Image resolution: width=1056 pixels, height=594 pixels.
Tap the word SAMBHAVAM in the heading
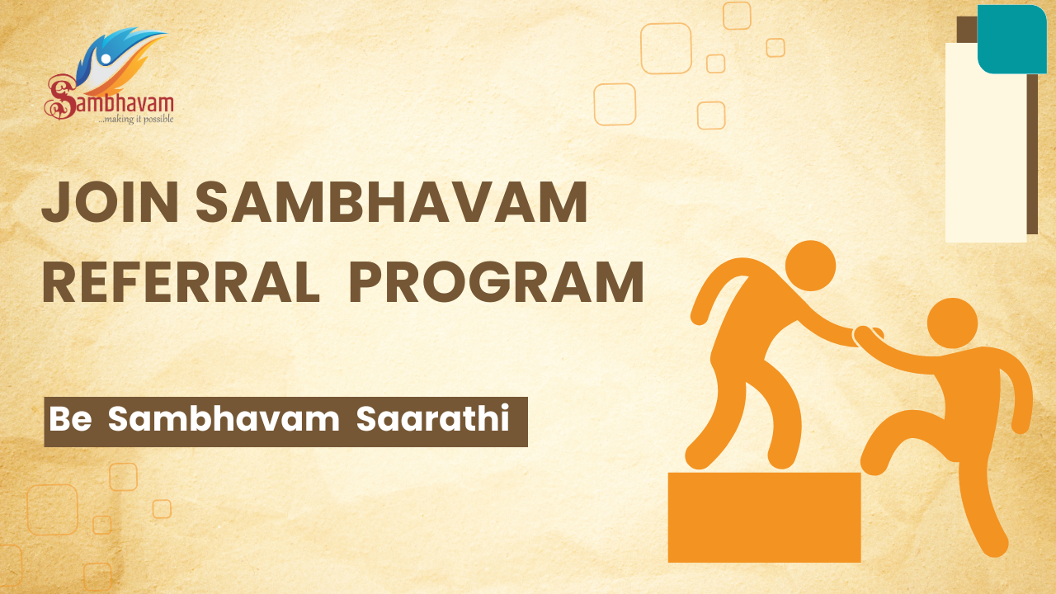click(392, 202)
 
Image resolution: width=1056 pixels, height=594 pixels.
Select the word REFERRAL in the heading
click(180, 282)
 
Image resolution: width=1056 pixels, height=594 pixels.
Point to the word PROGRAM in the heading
click(497, 282)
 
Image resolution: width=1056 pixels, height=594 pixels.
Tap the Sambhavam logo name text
click(111, 102)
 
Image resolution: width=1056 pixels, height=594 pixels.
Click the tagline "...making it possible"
click(135, 119)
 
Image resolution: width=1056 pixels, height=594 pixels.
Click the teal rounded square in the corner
click(1011, 39)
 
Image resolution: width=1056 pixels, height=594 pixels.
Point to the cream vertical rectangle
click(985, 148)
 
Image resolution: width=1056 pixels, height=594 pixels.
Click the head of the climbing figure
click(952, 323)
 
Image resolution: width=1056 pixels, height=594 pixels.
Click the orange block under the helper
click(764, 516)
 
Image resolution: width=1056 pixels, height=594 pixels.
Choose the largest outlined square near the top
click(666, 49)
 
